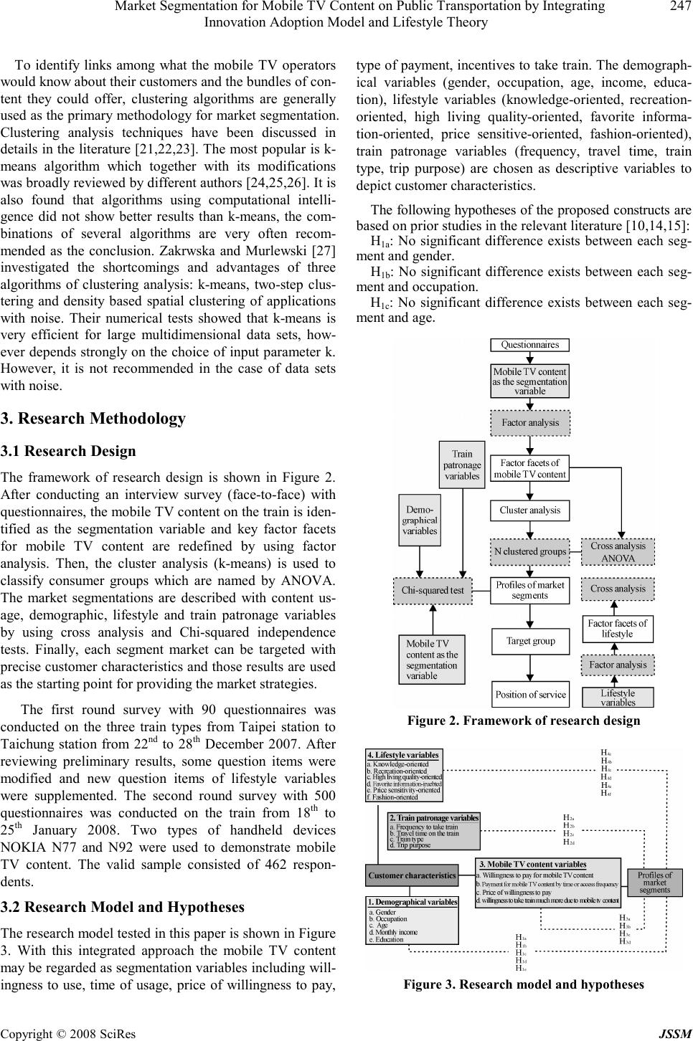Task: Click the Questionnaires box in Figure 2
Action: pos(529,345)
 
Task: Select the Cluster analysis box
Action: pos(529,510)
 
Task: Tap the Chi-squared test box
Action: pos(433,590)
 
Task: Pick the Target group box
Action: pos(530,641)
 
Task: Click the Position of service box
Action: pos(530,694)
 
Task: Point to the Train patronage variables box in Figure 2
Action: pos(462,465)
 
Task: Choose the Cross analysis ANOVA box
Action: pos(618,551)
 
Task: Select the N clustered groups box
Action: pos(530,551)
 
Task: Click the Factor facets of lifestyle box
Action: pos(617,628)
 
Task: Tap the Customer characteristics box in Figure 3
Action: pos(412,875)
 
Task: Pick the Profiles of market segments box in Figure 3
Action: pos(654,882)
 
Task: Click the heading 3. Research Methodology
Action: pos(93,418)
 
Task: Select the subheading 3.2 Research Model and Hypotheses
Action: pos(123,907)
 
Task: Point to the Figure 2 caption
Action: pos(523,721)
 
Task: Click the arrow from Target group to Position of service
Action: pos(530,667)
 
